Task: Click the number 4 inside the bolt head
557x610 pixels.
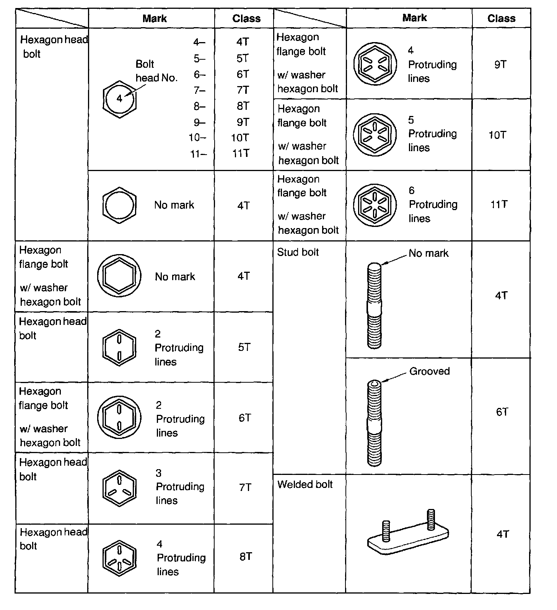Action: pyautogui.click(x=119, y=99)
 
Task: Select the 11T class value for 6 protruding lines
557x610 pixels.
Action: pyautogui.click(x=499, y=204)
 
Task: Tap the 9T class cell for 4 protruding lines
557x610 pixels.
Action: pyautogui.click(x=500, y=64)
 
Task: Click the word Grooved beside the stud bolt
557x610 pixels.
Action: pyautogui.click(x=429, y=371)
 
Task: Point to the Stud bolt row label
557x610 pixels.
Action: pyautogui.click(x=298, y=252)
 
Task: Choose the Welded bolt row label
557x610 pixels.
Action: pyautogui.click(x=305, y=484)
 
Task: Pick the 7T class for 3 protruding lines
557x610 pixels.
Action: pyautogui.click(x=245, y=487)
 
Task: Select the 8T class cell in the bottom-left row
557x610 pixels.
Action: pyautogui.click(x=246, y=556)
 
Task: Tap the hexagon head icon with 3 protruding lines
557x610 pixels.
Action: pyautogui.click(x=119, y=488)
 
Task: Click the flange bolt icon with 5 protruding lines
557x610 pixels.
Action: pyautogui.click(x=375, y=135)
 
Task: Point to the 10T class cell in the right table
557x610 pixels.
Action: pyautogui.click(x=497, y=135)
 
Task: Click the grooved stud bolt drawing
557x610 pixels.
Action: pyautogui.click(x=374, y=423)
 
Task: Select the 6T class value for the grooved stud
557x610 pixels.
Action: pyautogui.click(x=502, y=412)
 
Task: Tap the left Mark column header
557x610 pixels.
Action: pyautogui.click(x=154, y=18)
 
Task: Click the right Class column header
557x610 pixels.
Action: pyautogui.click(x=501, y=18)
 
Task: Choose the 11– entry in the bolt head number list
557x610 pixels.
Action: pyautogui.click(x=198, y=154)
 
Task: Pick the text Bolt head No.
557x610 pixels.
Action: pyautogui.click(x=156, y=71)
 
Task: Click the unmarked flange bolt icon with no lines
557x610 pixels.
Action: pyautogui.click(x=119, y=276)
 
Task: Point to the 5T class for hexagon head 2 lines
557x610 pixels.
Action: pyautogui.click(x=244, y=347)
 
